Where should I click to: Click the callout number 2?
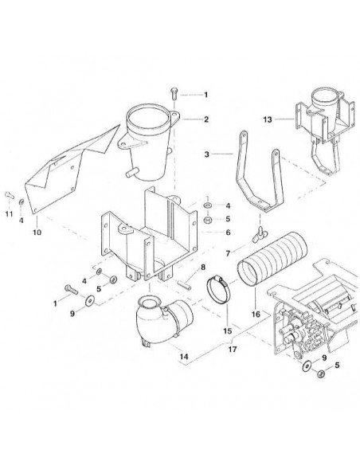pyautogui.click(x=205, y=119)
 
